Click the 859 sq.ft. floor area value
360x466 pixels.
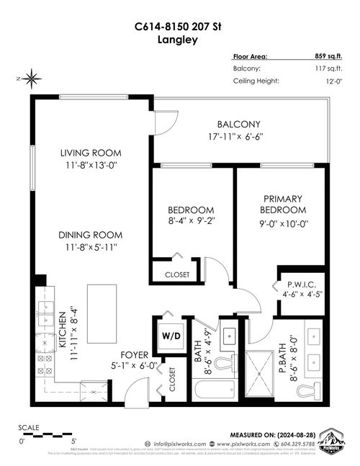tap(325, 55)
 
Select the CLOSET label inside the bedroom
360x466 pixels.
tap(177, 274)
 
